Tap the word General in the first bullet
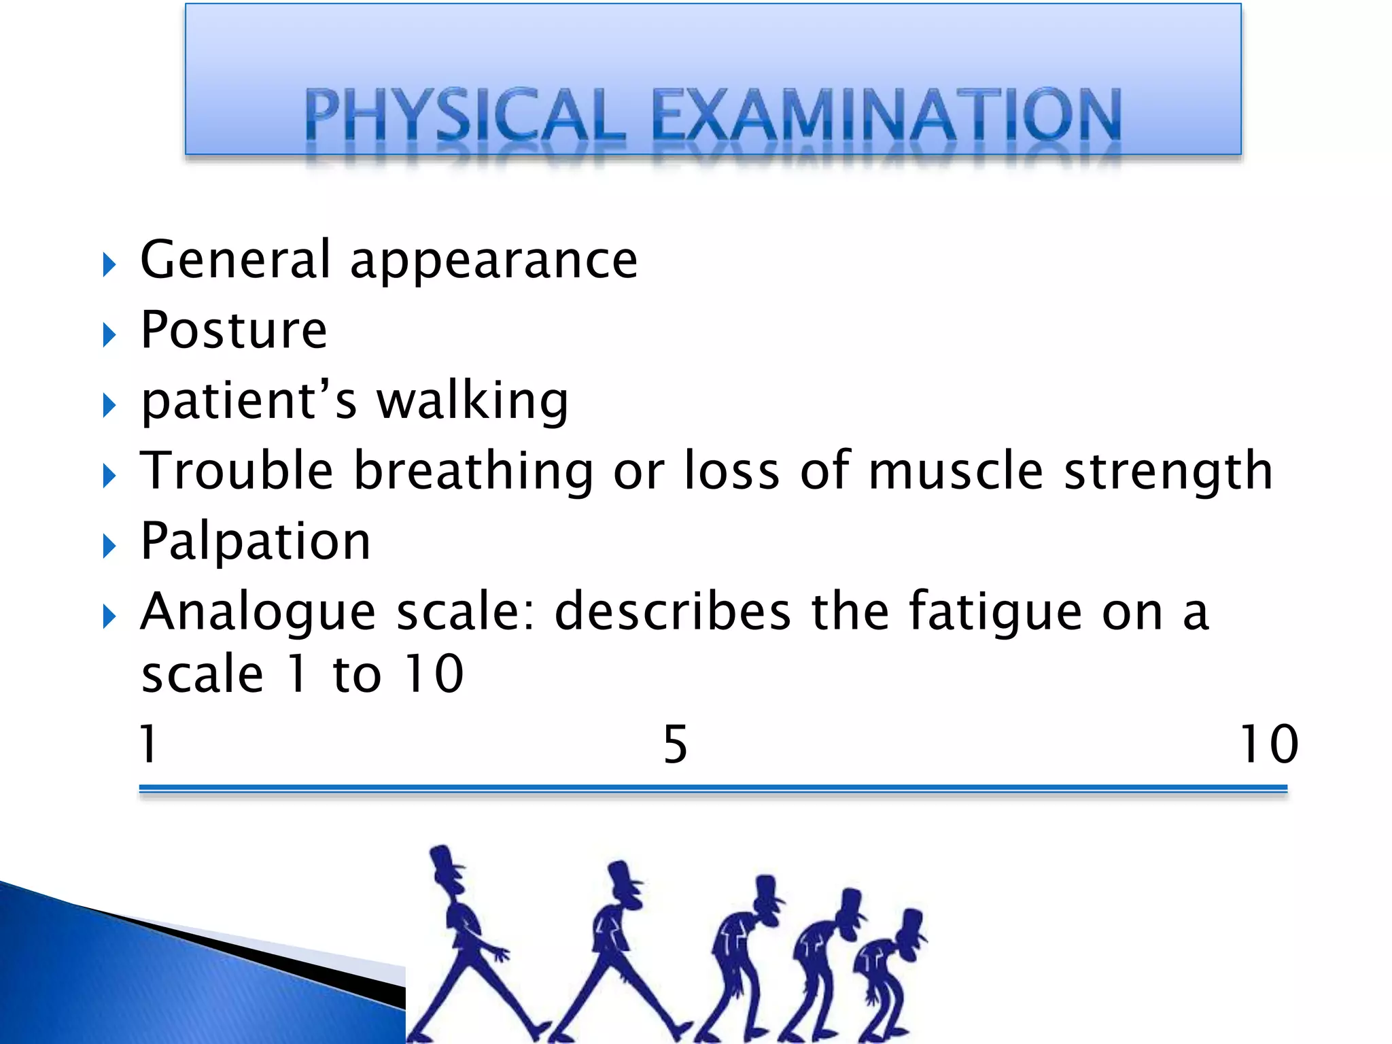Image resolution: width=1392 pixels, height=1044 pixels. click(235, 260)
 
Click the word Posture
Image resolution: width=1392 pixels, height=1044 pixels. click(234, 330)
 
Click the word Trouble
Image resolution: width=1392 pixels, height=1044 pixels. click(237, 470)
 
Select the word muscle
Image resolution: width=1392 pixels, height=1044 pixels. click(956, 470)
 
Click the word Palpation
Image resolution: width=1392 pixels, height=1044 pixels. click(256, 542)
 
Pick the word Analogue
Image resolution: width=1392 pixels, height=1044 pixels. click(258, 612)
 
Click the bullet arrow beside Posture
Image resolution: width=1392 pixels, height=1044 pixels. click(109, 334)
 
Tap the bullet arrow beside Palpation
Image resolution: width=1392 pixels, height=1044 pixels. click(109, 546)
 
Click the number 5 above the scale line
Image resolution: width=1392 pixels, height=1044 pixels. click(675, 745)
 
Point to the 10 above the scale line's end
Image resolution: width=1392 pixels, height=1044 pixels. click(1268, 744)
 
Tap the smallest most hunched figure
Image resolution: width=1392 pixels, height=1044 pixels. click(887, 972)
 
